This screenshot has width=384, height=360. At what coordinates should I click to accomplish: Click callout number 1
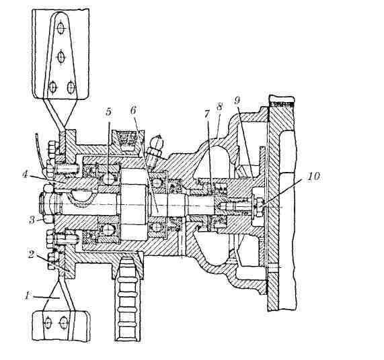tap(26, 296)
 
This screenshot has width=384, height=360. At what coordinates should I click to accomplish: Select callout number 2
tap(31, 255)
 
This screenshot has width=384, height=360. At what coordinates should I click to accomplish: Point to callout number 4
tap(26, 175)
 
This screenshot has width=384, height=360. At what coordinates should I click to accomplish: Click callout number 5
tap(108, 111)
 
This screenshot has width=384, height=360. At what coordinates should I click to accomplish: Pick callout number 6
tap(133, 111)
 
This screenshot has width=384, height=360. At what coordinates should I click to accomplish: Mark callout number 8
tap(220, 107)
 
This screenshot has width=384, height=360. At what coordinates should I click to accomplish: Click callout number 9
tap(237, 100)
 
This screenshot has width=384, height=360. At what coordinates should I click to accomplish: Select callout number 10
tap(313, 176)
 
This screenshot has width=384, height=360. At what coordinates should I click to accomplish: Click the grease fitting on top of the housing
tap(156, 149)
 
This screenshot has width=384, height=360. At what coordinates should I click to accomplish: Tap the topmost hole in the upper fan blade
tap(60, 28)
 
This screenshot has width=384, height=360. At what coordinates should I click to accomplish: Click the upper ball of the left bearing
tap(109, 179)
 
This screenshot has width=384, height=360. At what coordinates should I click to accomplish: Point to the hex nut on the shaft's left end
tap(45, 204)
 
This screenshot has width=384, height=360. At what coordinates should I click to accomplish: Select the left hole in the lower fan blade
tap(47, 323)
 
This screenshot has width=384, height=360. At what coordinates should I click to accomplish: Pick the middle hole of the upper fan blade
tap(61, 57)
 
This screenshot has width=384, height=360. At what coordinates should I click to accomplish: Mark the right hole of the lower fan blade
tap(64, 323)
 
